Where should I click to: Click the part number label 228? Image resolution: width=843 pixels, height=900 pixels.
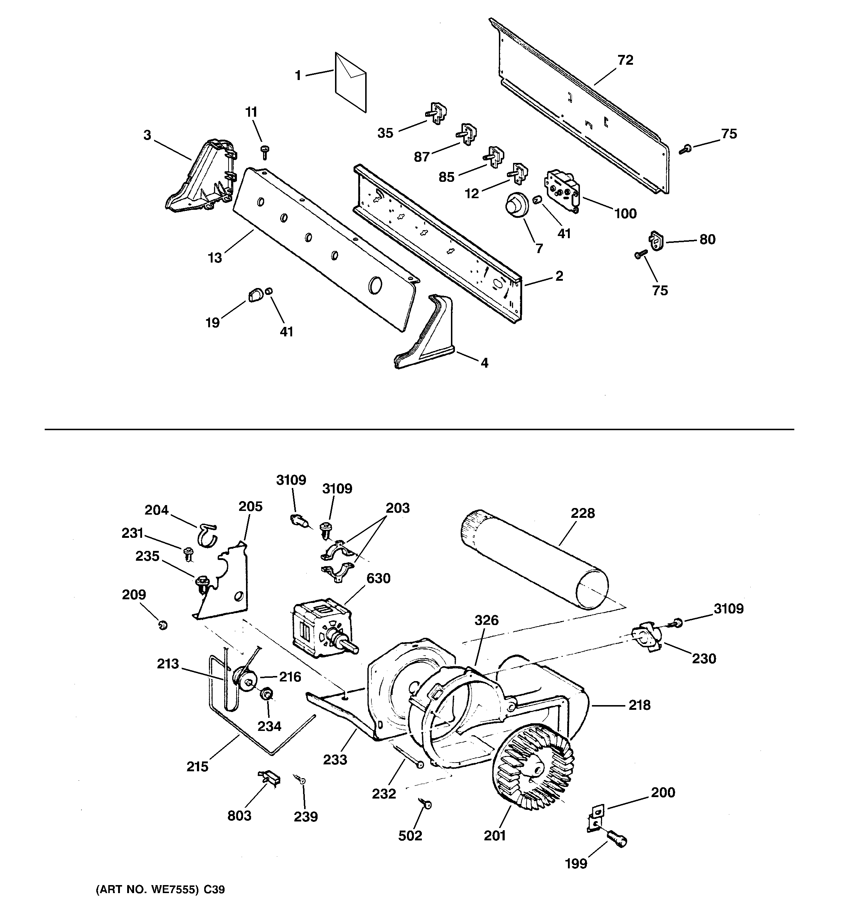tap(582, 513)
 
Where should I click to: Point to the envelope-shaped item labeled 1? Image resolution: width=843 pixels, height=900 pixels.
tap(350, 82)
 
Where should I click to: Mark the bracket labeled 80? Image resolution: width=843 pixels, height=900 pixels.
tap(655, 240)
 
